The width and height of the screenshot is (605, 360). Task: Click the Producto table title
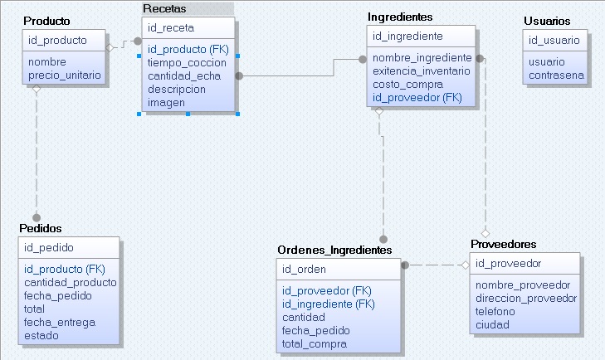pos(46,20)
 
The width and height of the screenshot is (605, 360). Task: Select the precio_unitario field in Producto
pos(65,75)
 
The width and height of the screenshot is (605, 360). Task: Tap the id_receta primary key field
pos(166,27)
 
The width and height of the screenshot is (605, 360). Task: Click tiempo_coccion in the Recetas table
pos(187,62)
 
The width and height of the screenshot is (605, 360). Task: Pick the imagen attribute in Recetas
pos(166,103)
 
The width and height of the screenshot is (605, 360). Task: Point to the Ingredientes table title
pos(400,17)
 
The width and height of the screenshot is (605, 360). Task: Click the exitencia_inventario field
pos(422,71)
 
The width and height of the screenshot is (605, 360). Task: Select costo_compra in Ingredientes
pos(407,85)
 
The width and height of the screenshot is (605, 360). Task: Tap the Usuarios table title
pos(547,21)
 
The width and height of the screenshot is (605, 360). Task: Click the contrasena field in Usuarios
pos(557,75)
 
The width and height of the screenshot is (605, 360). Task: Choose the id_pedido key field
pos(49,247)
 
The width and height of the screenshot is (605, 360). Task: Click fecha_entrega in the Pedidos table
pos(60,323)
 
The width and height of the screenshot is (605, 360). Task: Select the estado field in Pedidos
pos(41,336)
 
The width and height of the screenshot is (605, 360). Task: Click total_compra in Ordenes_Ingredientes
pos(315,344)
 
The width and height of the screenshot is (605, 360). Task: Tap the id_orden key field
pos(304,269)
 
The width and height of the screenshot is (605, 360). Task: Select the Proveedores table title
pos(504,244)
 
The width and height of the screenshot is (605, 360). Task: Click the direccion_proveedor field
pos(526,298)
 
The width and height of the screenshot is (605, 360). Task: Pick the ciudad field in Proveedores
pos(492,324)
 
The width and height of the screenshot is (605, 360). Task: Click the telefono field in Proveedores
pos(495,311)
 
